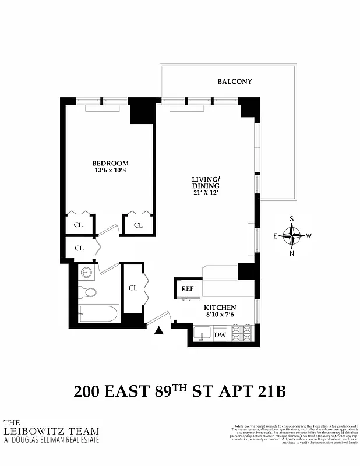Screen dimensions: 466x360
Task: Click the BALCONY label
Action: (x=235, y=82)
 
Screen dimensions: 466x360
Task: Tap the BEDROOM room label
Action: (x=110, y=163)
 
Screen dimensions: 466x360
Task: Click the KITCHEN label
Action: (x=220, y=308)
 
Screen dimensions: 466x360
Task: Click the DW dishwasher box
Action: (x=220, y=334)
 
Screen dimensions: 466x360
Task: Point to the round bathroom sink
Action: (x=88, y=273)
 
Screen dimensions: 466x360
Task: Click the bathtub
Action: (x=99, y=314)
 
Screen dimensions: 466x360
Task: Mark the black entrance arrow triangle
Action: (x=159, y=331)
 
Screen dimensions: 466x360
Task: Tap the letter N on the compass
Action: (x=292, y=253)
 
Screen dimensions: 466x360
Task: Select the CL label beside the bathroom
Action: (x=133, y=288)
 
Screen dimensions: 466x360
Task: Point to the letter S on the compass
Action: (x=292, y=220)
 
